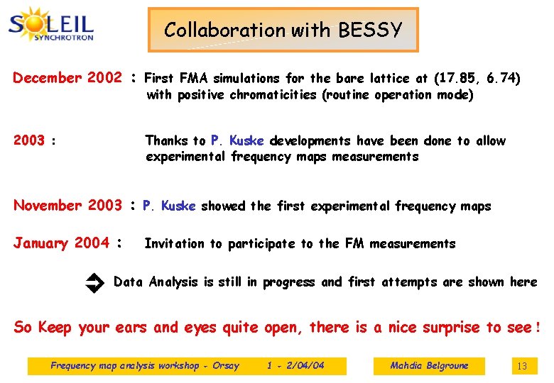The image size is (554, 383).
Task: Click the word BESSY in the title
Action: point(370,30)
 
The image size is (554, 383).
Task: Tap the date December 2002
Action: point(67,78)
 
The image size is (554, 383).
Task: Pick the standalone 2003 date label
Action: point(29,140)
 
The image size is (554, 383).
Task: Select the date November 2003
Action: point(67,206)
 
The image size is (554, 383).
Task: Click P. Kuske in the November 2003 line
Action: point(170,206)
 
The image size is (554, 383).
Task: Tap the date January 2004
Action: point(61,243)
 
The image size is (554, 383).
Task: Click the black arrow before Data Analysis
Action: point(94,284)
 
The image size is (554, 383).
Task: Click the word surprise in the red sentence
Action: point(452,328)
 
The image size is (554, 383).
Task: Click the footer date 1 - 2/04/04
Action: point(295,366)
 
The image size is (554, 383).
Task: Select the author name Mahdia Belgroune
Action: point(429,366)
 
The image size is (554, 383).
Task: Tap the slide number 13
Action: point(522,366)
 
